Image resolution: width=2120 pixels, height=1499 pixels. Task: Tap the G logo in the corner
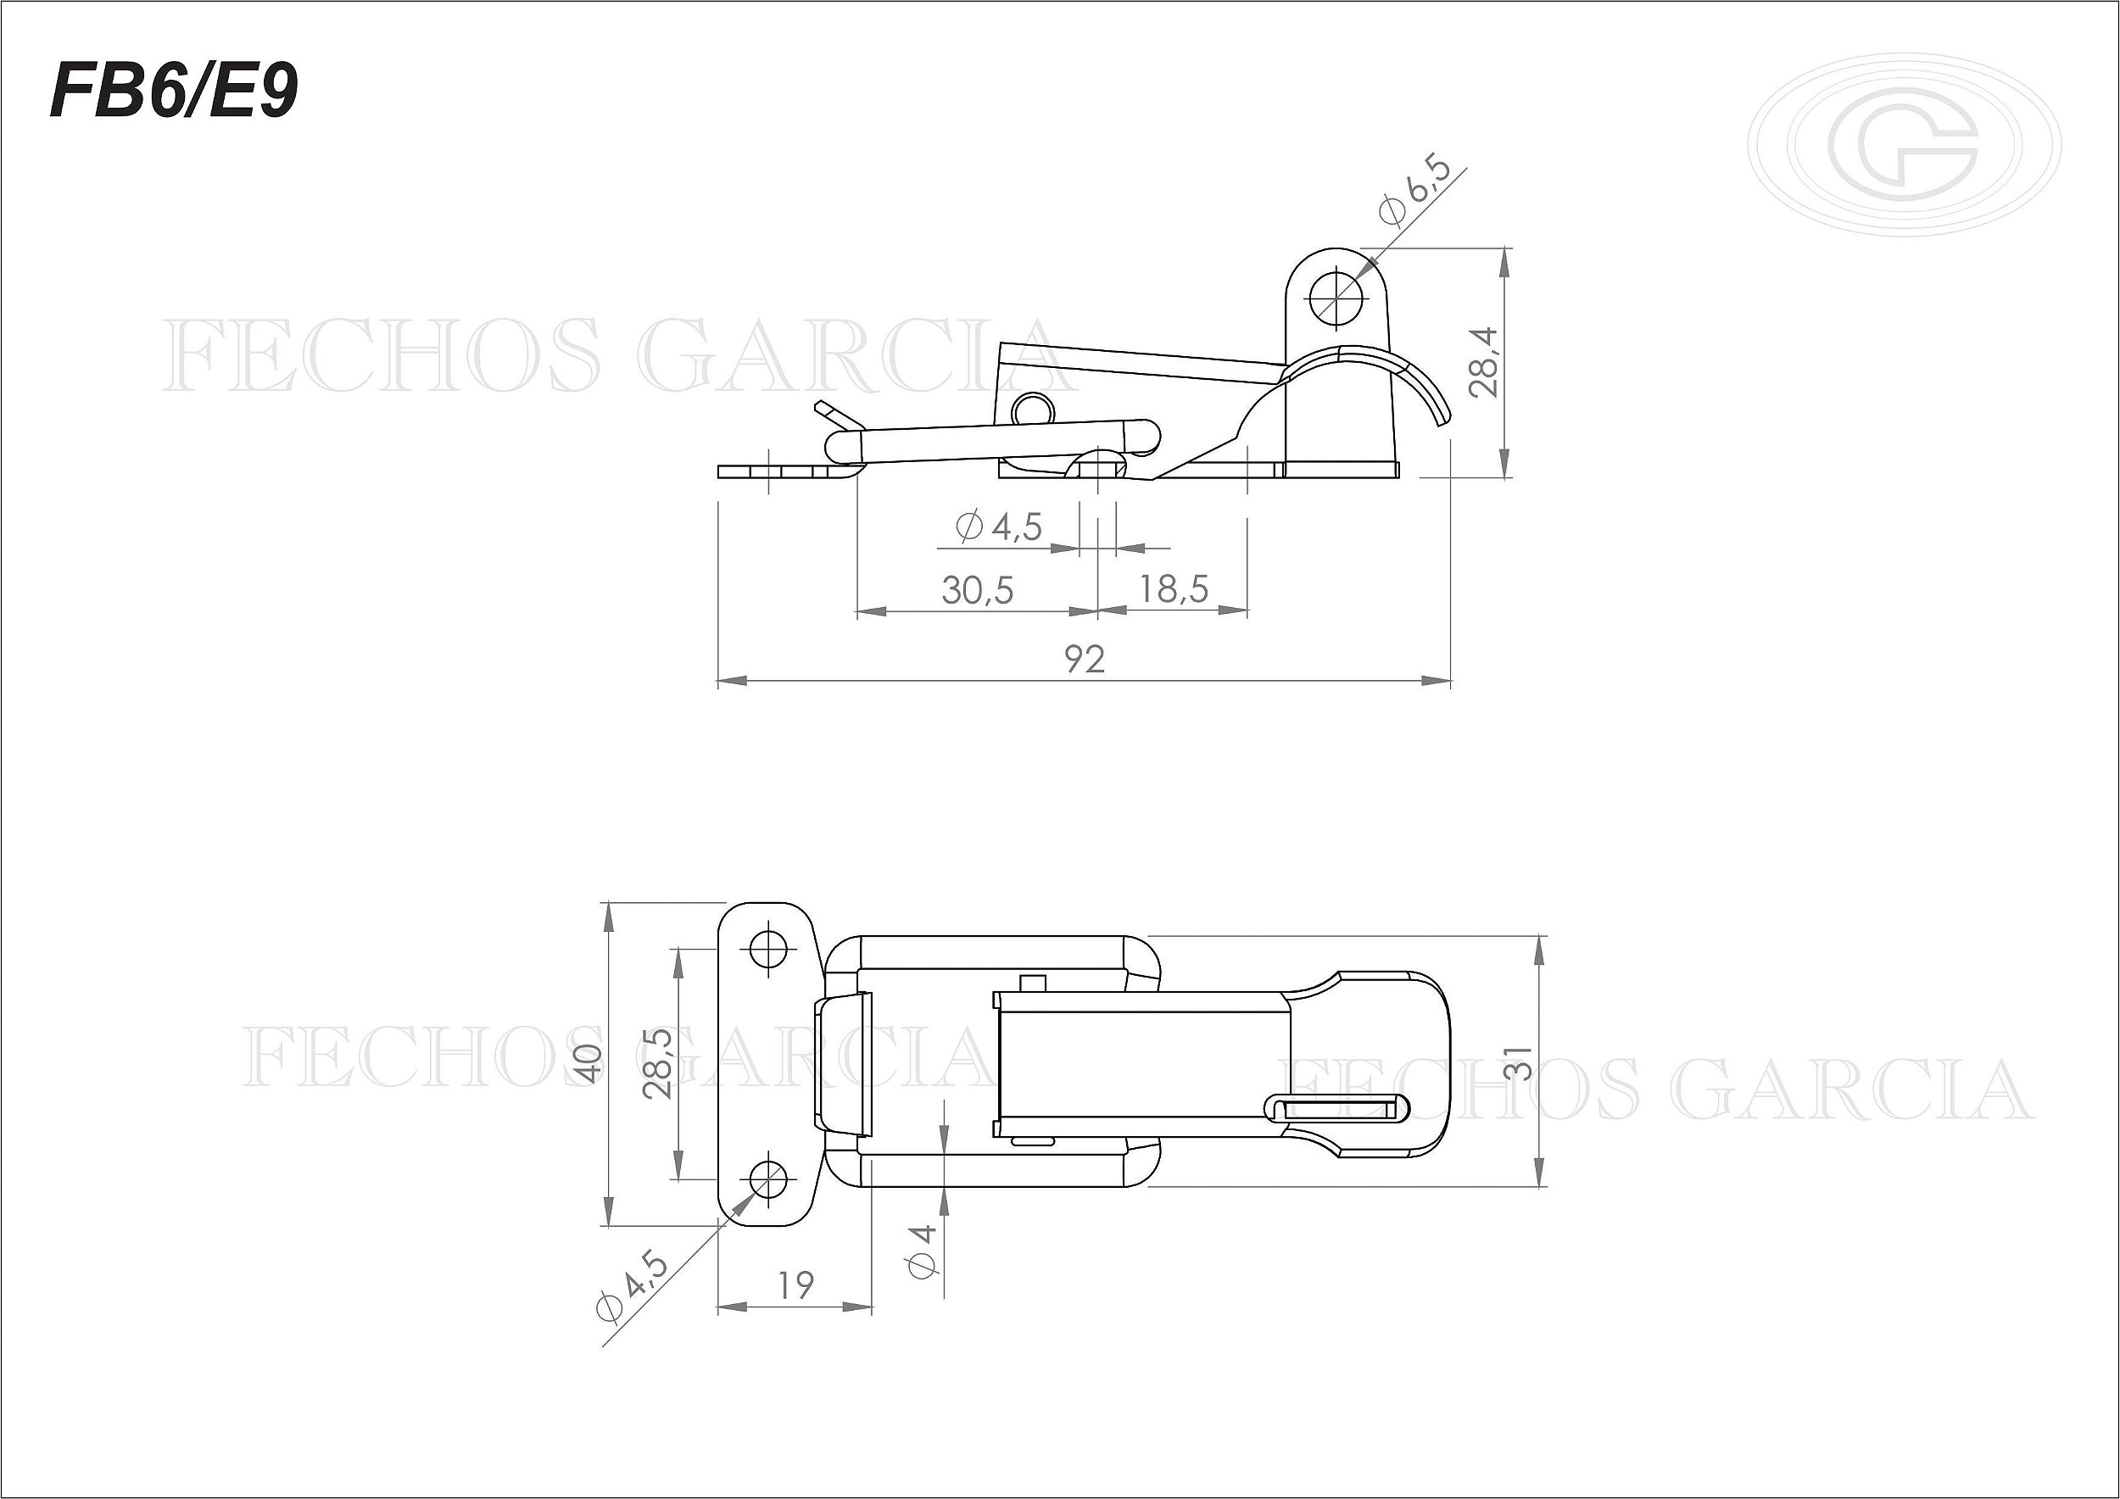point(1904,146)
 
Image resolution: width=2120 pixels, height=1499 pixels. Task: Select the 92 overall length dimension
point(1084,659)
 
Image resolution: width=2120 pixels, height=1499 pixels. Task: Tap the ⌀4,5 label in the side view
point(1000,527)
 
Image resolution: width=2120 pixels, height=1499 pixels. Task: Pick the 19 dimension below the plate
point(795,1284)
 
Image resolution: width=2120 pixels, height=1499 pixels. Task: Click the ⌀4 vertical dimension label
point(923,1251)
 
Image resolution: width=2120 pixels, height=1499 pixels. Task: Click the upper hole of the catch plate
point(768,947)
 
